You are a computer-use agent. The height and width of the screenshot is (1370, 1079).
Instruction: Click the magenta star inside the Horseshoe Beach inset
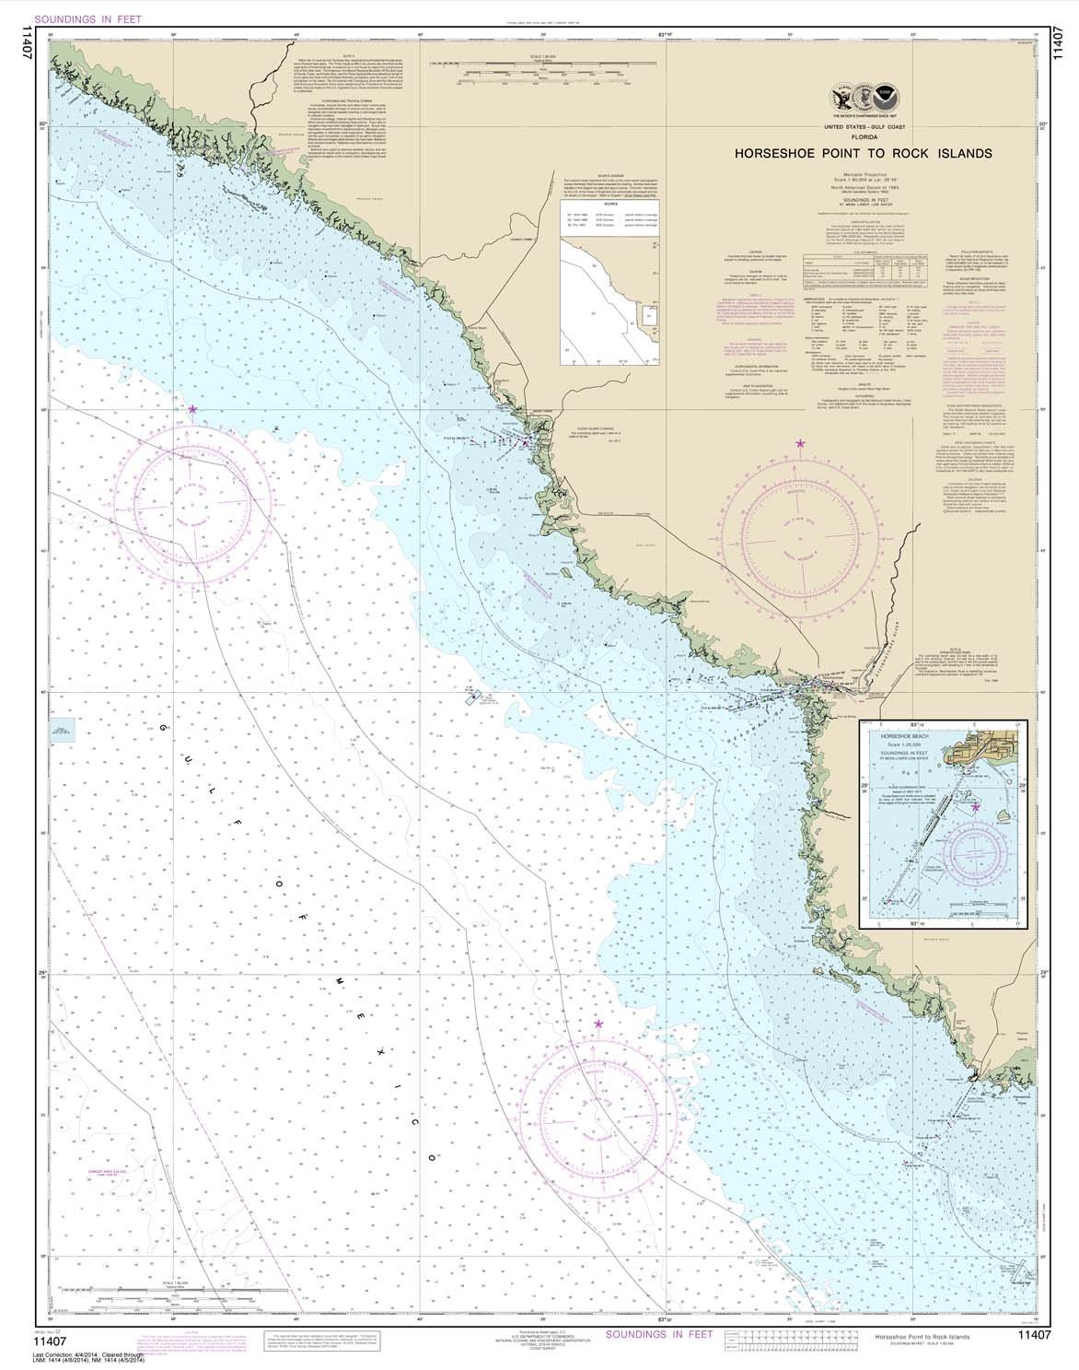click(976, 807)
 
